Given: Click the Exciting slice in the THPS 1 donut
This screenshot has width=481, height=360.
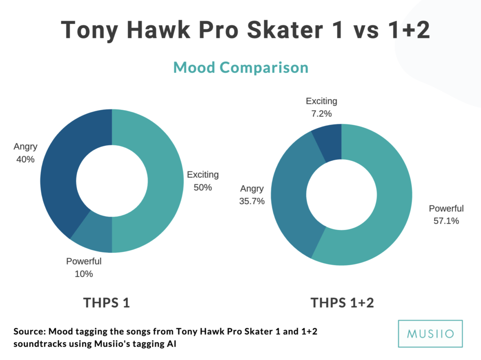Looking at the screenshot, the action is coord(166,181).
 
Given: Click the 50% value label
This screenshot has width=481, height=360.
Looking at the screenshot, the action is coord(203,188).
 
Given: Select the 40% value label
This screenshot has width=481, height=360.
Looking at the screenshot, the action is coord(25,159).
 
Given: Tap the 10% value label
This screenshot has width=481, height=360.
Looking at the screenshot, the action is coord(84,274).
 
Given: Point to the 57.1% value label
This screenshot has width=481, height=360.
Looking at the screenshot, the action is coord(446,221).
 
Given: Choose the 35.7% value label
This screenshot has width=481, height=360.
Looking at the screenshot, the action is coord(252,201).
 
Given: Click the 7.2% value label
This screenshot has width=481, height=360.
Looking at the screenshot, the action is coord(321,114).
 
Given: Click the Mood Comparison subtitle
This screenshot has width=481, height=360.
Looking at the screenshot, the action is coord(241,68).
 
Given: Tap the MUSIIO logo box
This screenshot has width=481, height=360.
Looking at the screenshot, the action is coord(430,334).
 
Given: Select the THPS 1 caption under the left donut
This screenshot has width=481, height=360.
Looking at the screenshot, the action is coord(107,303).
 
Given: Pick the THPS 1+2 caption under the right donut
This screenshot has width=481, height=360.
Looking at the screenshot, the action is coord(342,303).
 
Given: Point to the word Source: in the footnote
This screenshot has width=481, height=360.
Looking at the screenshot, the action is coord(30,331).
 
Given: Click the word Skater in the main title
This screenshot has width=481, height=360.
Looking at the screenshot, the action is coord(285,30).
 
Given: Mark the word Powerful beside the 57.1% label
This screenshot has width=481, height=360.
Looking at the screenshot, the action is coord(446,208).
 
